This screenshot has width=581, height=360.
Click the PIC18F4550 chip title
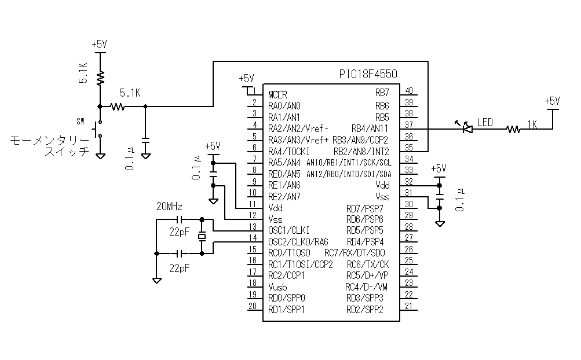click(368, 75)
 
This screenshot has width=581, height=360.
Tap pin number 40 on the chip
click(409, 91)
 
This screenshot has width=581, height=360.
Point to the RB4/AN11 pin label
click(370, 128)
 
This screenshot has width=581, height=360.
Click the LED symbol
click(466, 129)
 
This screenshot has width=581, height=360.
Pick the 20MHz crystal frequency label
click(170, 207)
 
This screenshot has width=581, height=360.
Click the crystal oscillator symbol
click(202, 236)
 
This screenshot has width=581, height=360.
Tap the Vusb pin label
click(277, 287)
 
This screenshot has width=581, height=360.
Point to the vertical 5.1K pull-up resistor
click(100, 76)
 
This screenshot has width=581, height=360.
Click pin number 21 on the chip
click(409, 307)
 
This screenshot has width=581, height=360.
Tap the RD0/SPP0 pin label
click(287, 298)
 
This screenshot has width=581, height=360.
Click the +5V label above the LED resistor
click(553, 100)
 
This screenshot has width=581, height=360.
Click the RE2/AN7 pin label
click(284, 196)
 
